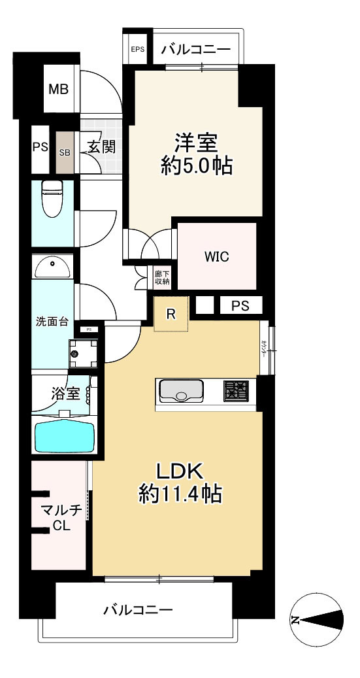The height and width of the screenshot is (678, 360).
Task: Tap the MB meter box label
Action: coord(59,89)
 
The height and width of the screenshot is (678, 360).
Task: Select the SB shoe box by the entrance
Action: coord(65,152)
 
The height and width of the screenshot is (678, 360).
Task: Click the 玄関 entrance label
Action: coord(101,146)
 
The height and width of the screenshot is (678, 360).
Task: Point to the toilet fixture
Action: coord(53,198)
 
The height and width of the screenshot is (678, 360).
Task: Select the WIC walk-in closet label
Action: coord(217,257)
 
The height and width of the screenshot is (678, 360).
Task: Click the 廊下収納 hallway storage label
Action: coord(162,277)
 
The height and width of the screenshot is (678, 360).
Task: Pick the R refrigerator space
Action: coord(171,314)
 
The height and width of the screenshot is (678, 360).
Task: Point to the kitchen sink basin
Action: coord(182,392)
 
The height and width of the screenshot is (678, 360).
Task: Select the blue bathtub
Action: coord(64,435)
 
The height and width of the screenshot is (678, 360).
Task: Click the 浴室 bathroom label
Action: coord(66,394)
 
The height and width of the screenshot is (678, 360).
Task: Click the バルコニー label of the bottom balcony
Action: coord(138,610)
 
